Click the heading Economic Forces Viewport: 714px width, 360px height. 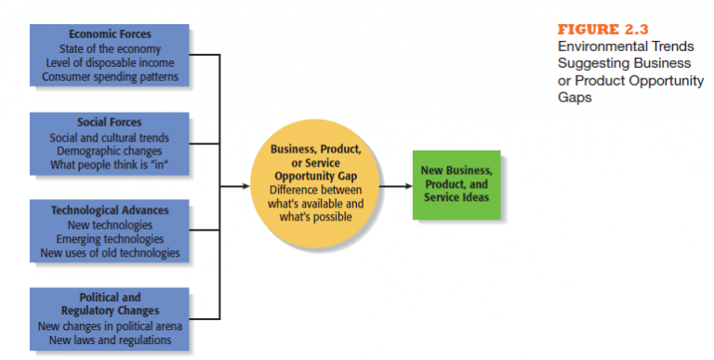[110, 34]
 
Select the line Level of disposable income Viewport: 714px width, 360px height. [110, 62]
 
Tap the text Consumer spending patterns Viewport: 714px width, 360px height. [110, 76]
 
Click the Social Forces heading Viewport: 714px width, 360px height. [110, 122]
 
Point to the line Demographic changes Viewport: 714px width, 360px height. [110, 151]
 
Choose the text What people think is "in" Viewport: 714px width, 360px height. [110, 165]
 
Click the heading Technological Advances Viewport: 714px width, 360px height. [110, 210]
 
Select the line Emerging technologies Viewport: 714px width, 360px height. [110, 239]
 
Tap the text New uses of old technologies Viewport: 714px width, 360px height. [110, 252]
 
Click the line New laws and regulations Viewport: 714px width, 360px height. [110, 340]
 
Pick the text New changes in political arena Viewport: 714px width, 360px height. [110, 327]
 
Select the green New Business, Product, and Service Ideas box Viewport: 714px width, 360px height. [456, 184]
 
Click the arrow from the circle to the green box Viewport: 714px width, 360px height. [396, 185]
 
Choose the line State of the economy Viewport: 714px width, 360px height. [110, 48]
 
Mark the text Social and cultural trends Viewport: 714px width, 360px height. [110, 137]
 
